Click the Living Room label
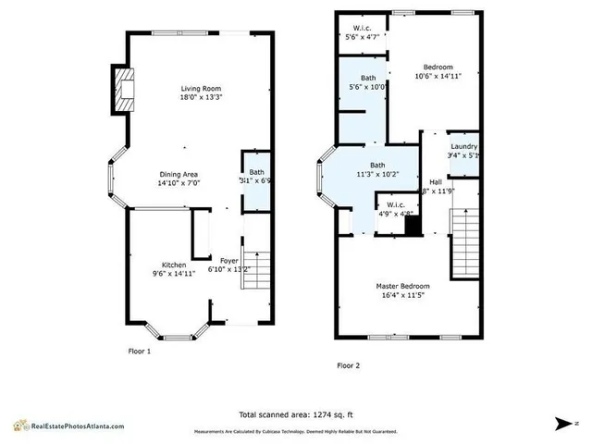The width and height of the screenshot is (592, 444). tap(202, 89)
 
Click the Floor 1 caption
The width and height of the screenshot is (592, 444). tap(139, 352)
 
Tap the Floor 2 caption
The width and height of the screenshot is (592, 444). tap(348, 365)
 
